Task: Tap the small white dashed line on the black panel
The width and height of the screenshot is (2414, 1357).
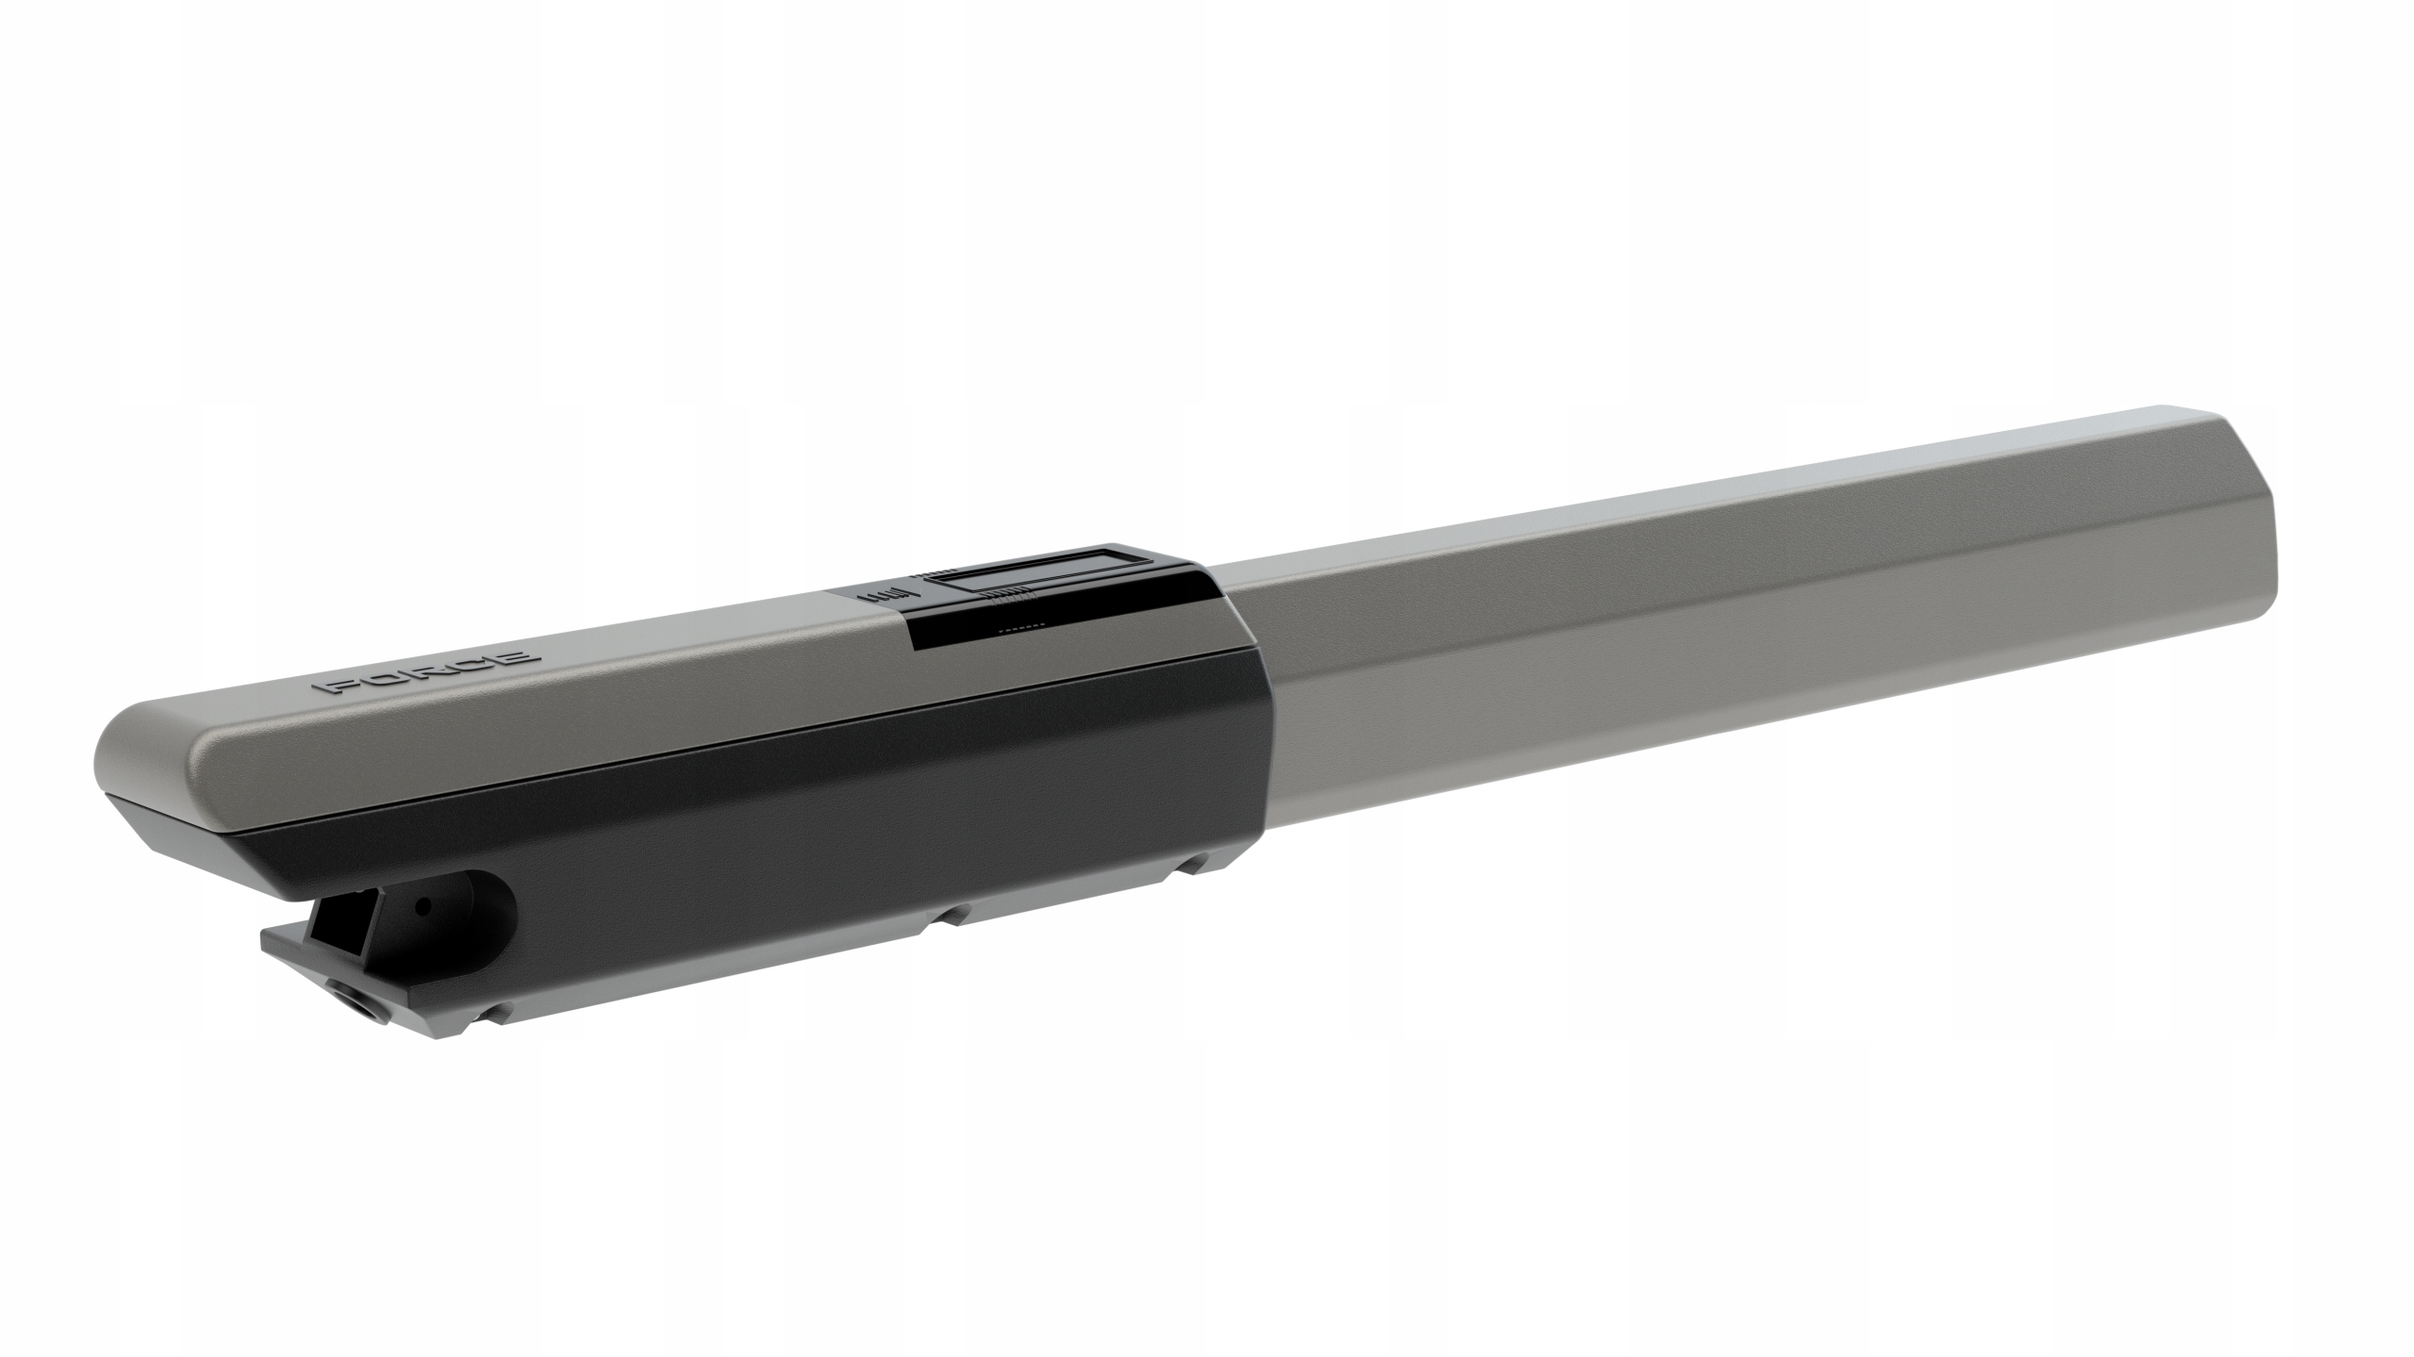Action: coord(1017,623)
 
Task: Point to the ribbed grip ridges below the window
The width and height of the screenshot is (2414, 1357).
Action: coord(1005,594)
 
